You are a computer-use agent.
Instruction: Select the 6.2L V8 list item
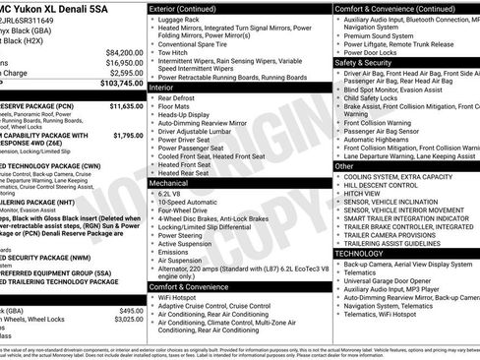(x=173, y=194)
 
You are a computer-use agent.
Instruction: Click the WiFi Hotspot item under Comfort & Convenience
(x=182, y=296)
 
